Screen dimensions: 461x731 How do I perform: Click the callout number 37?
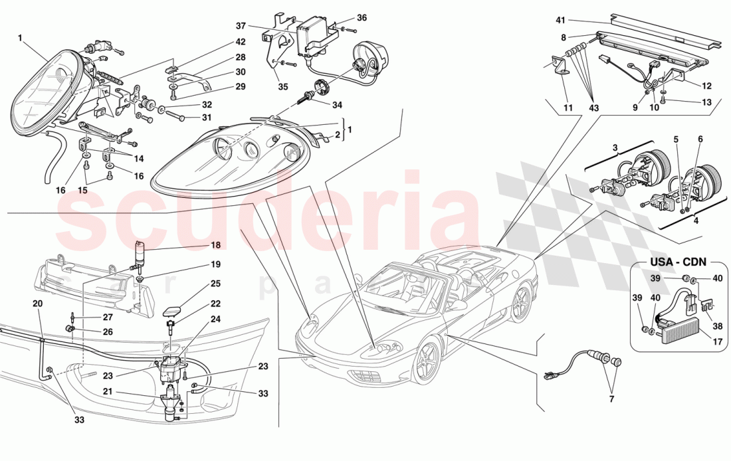pyautogui.click(x=241, y=26)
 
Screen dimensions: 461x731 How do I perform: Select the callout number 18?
pyautogui.click(x=215, y=245)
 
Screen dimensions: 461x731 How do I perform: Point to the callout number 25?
pyautogui.click(x=215, y=284)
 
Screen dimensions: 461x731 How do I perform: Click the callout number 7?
pyautogui.click(x=611, y=399)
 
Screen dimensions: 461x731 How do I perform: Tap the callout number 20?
pyautogui.click(x=37, y=303)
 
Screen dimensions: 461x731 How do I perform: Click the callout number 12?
pyautogui.click(x=706, y=85)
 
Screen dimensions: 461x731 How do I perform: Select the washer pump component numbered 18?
pyautogui.click(x=142, y=255)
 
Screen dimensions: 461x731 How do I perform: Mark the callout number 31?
pyautogui.click(x=207, y=118)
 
